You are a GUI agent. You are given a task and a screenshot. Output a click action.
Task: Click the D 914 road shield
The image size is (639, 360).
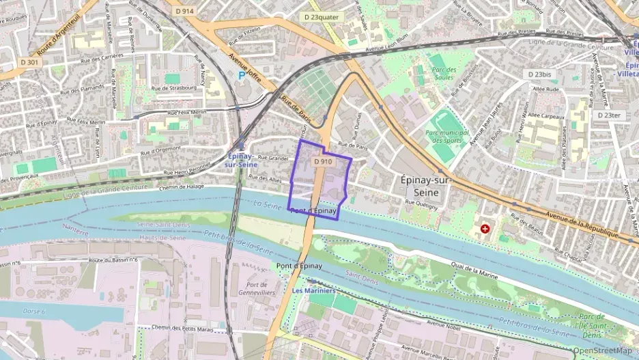pyautogui.click(x=184, y=11)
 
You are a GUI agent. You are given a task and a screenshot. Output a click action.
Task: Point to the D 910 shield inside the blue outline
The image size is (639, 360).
pyautogui.click(x=322, y=162)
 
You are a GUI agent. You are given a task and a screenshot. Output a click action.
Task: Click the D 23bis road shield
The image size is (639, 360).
pyautogui.click(x=539, y=74)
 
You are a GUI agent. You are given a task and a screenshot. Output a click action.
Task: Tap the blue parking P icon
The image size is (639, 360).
pyautogui.click(x=241, y=75)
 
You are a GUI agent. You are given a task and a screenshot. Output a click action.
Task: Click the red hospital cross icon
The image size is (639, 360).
pyautogui.click(x=485, y=229)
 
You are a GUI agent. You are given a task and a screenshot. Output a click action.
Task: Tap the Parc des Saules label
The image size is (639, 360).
pyautogui.click(x=443, y=74)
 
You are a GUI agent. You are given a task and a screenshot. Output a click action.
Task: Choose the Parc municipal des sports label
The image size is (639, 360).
pyautogui.click(x=446, y=137)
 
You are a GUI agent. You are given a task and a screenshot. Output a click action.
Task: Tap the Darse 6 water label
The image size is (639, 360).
pyautogui.click(x=33, y=311)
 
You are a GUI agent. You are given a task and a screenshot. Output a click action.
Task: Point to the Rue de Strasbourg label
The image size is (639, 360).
pyautogui.click(x=173, y=88)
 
